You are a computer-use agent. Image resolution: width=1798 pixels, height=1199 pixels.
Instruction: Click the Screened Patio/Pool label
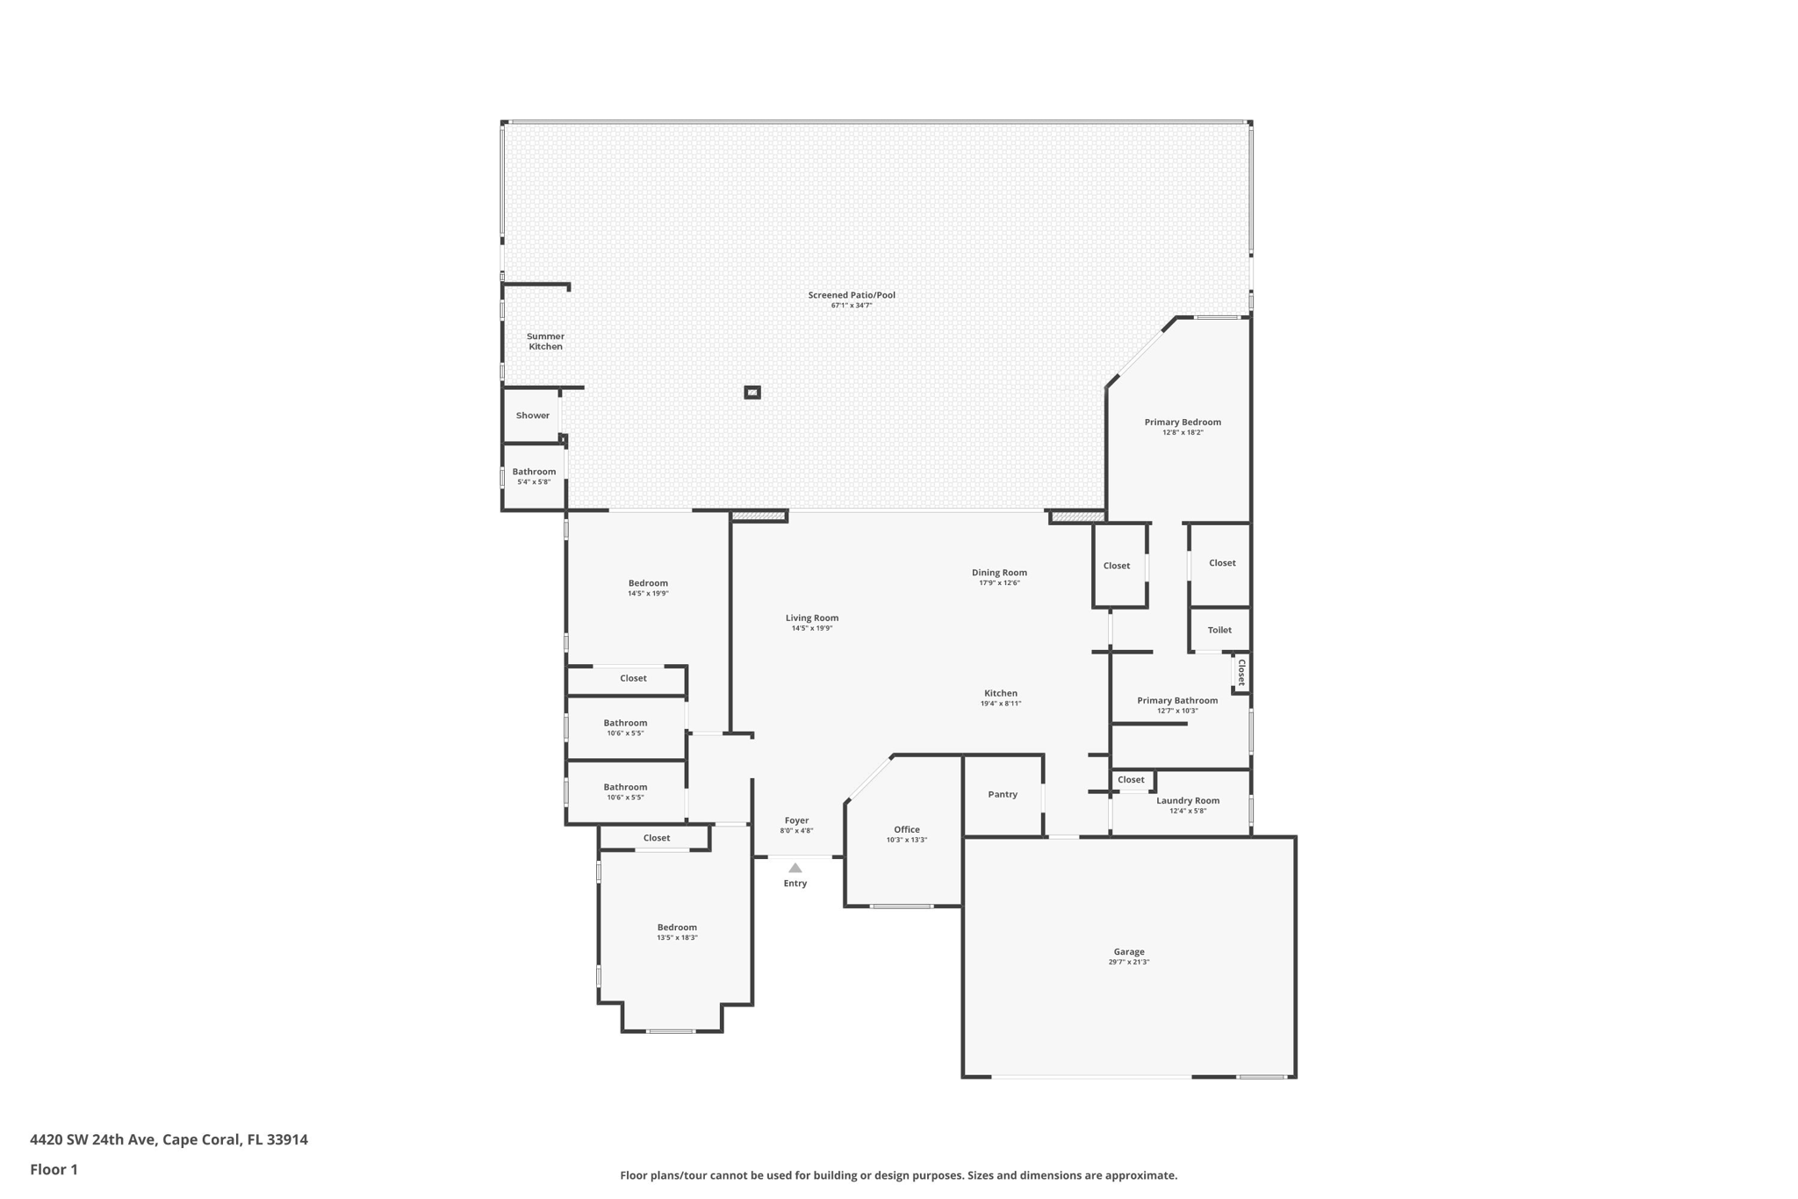point(851,295)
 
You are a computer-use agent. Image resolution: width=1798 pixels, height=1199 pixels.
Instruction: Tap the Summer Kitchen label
point(545,342)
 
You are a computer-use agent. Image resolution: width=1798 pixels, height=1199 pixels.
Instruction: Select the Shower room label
point(532,415)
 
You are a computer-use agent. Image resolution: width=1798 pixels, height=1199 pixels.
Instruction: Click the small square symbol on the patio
point(752,393)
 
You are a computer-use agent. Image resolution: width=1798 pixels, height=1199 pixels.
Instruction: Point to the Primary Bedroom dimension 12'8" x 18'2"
point(1182,432)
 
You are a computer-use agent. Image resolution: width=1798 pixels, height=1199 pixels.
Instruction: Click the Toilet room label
point(1219,630)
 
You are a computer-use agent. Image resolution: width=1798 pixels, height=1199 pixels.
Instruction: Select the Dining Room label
point(999,573)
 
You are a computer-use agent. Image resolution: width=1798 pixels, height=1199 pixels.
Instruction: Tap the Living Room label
point(811,618)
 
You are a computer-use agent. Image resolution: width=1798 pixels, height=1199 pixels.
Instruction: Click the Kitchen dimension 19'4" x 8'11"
point(1000,704)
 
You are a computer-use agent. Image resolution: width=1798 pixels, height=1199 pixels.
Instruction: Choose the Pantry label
point(1002,794)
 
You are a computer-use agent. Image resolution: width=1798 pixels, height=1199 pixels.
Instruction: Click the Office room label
point(906,829)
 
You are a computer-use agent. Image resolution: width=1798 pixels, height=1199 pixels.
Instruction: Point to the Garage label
point(1128,951)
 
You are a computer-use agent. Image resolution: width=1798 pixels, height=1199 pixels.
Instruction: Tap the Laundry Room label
point(1187,800)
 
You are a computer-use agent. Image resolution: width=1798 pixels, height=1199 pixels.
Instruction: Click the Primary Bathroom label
point(1176,700)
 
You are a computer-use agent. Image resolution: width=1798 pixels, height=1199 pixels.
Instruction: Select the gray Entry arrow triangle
point(795,868)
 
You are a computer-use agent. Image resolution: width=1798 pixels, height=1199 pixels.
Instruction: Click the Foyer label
point(796,820)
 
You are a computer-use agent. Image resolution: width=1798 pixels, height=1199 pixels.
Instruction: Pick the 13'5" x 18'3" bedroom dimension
point(677,937)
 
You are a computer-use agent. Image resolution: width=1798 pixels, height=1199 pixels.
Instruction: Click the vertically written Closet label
point(1241,673)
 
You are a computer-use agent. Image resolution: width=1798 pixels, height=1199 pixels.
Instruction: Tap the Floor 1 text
point(54,1169)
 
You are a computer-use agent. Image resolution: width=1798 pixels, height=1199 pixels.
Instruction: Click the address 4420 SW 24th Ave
point(94,1139)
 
